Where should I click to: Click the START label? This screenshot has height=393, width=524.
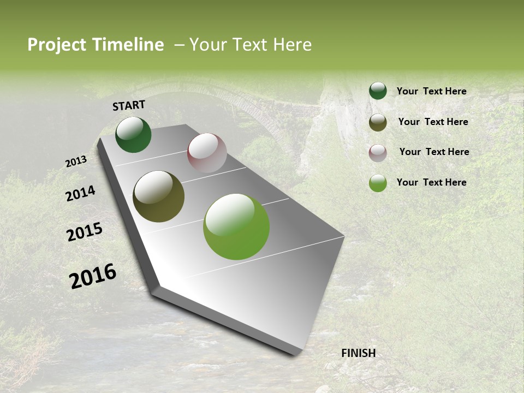pos(129,105)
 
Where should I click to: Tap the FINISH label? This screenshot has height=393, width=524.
pos(358,353)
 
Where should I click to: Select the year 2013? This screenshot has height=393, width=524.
pos(76,161)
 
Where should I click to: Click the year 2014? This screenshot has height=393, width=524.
pos(80,193)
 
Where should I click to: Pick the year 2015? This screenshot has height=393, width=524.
pos(85,232)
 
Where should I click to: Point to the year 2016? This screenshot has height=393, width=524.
pos(93,276)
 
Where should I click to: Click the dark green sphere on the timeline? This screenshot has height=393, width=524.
pos(133,135)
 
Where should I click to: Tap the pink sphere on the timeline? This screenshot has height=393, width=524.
pos(207,153)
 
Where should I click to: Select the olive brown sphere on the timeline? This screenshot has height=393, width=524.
pos(158,196)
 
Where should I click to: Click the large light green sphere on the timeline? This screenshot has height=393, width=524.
pos(236,227)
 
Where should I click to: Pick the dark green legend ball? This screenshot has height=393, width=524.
pos(378,91)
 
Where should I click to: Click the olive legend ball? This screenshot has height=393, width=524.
pos(378,122)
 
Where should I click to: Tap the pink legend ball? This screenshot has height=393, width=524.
pos(378,153)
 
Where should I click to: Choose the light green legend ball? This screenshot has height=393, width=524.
pos(378,183)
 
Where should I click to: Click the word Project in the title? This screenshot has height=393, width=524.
pos(56,45)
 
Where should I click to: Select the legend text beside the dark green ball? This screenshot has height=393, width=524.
pos(431,91)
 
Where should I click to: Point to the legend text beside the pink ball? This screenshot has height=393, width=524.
pos(434,152)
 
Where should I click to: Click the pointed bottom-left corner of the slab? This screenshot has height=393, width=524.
pos(156,288)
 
